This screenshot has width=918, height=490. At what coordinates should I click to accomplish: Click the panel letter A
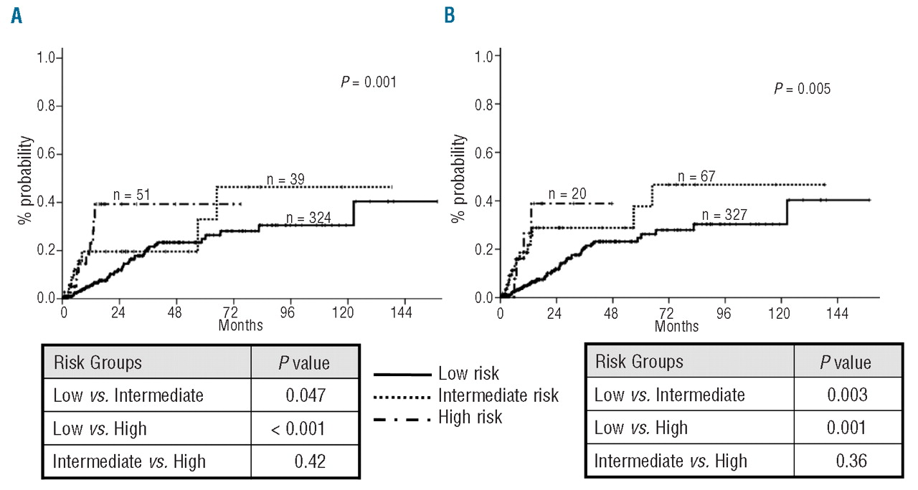(16, 16)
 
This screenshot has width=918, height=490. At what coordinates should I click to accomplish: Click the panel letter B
(450, 15)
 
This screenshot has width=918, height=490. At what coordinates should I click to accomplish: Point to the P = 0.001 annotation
(368, 82)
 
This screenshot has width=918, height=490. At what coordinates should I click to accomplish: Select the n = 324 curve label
(309, 218)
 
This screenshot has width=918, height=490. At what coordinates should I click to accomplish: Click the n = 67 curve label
(699, 176)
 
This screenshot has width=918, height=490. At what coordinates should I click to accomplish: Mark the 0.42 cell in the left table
(310, 462)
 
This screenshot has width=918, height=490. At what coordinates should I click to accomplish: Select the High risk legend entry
(470, 416)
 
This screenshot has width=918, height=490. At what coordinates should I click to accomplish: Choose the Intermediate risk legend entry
(498, 395)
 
